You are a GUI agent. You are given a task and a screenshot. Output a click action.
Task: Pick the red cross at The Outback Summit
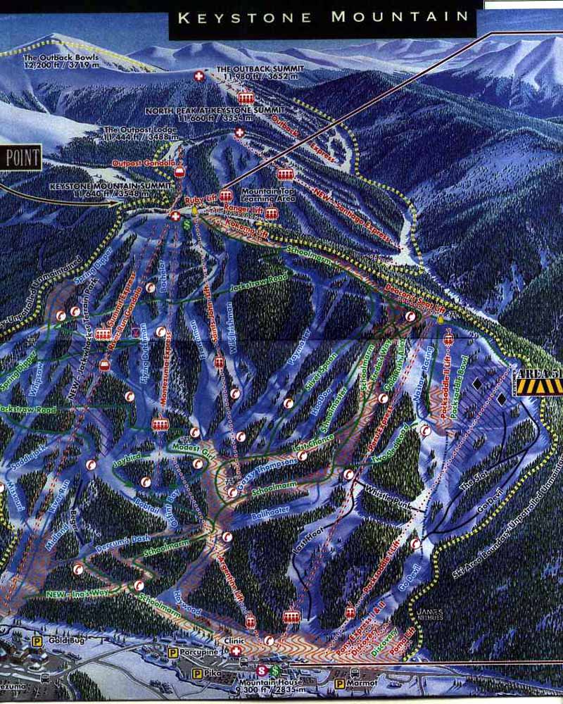pos(199,76)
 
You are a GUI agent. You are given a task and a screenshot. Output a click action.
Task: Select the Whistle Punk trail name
pos(383,496)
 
